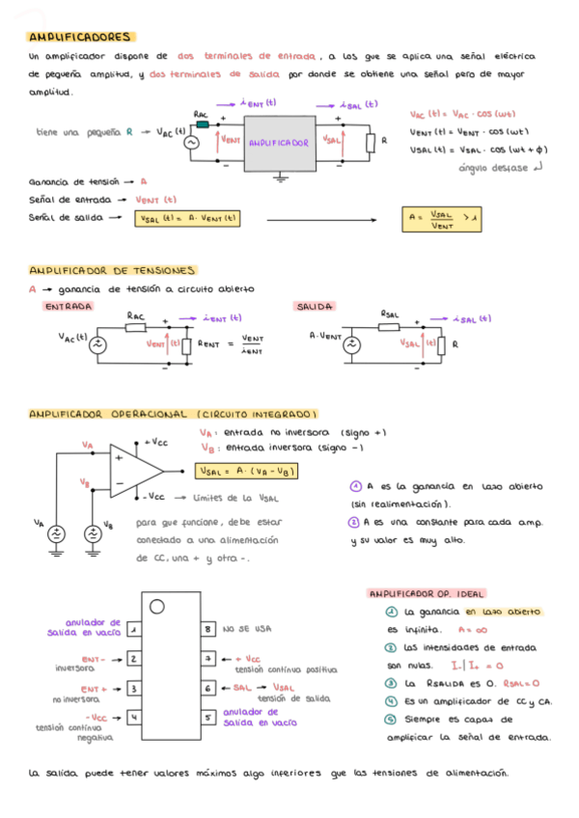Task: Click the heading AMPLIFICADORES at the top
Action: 80,37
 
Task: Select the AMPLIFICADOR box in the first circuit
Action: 279,142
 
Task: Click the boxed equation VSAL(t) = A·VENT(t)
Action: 187,219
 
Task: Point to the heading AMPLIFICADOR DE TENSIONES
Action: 113,271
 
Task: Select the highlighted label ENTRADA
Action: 68,306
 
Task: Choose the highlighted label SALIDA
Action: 315,306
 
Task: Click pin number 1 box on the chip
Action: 133,629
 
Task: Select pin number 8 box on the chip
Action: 207,629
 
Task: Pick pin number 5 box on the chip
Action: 207,718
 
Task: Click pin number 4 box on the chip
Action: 133,718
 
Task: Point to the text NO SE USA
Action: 243,629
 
